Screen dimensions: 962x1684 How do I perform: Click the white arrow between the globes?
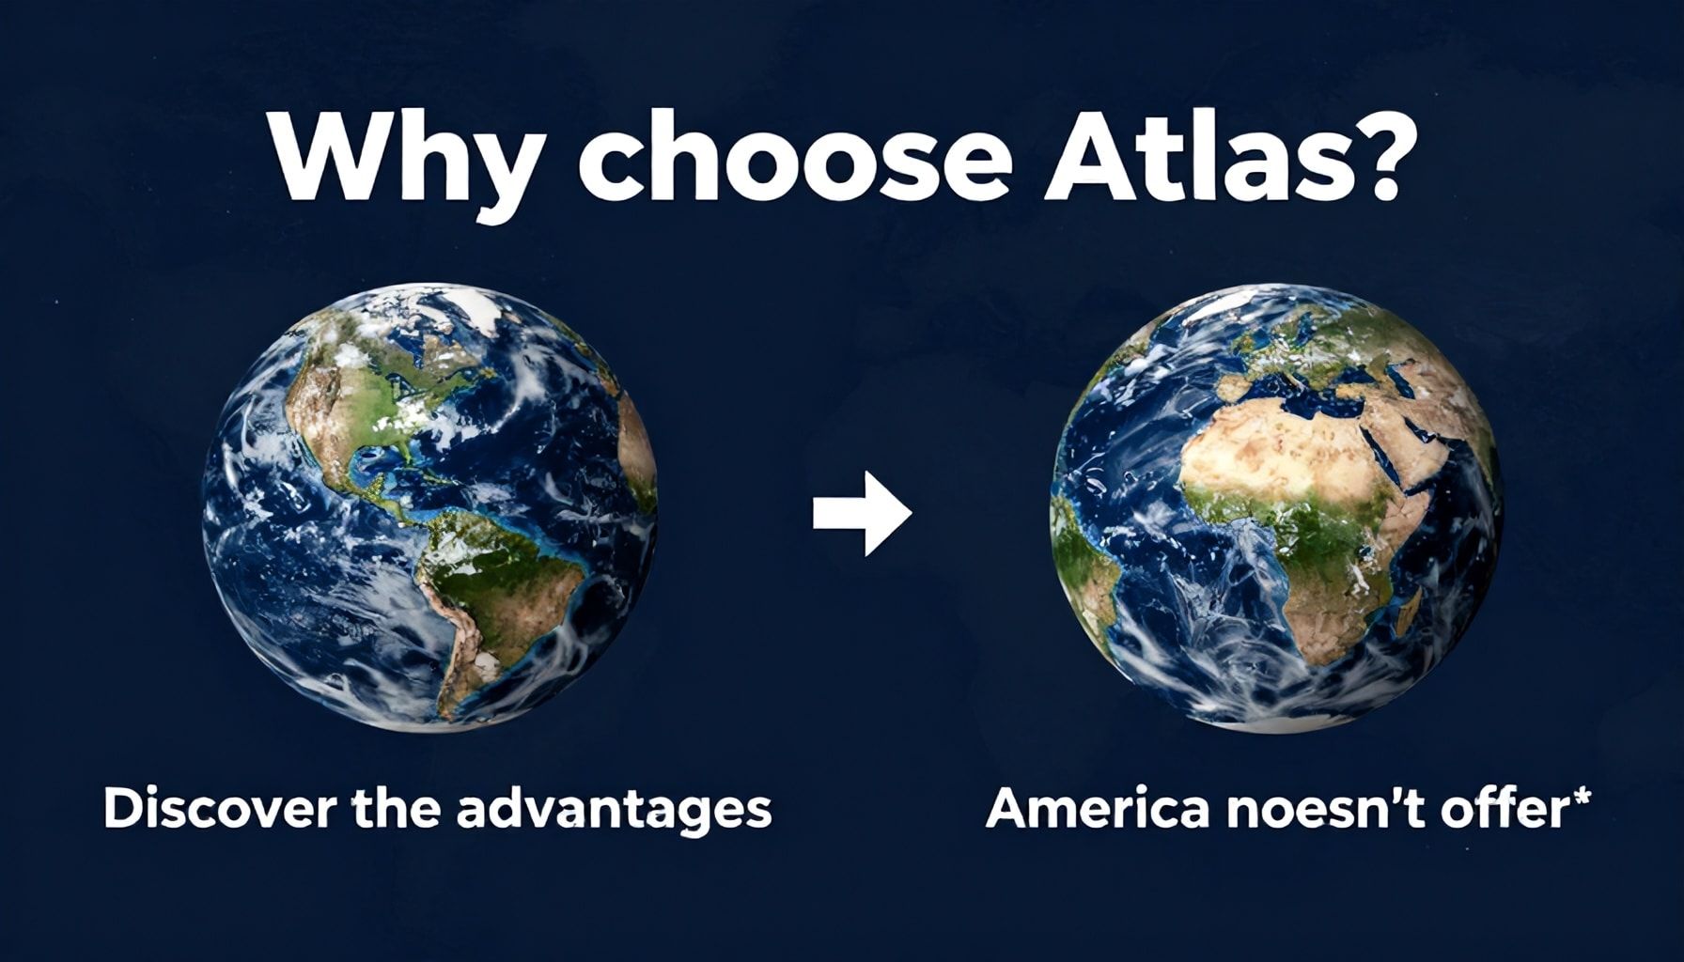[x=863, y=513]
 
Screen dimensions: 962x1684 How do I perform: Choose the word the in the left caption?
[x=396, y=810]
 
